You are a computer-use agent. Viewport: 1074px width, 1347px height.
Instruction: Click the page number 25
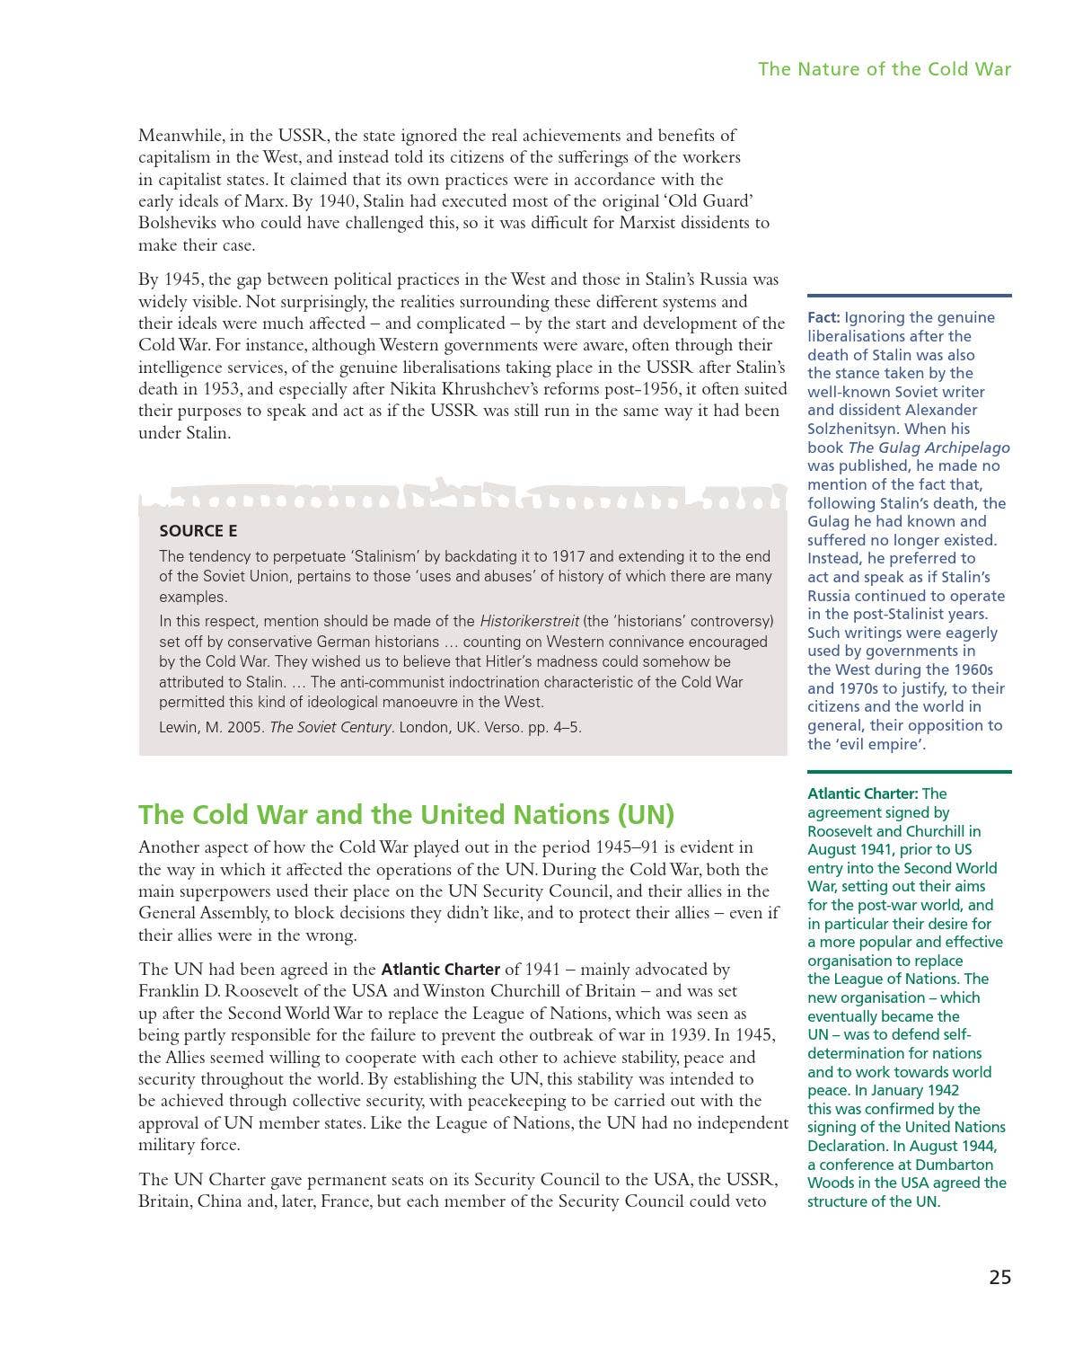[999, 1277]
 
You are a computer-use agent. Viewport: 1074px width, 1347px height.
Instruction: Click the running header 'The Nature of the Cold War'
[884, 69]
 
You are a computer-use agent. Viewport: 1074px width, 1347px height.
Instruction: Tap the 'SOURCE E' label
[198, 531]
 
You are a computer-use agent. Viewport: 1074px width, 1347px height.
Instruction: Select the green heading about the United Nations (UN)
[406, 814]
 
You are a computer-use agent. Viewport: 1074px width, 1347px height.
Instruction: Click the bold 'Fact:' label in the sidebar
[823, 317]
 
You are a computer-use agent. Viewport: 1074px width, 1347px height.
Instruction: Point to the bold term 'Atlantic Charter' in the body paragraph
[440, 970]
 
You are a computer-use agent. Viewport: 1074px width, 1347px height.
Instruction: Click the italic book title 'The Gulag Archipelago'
[929, 448]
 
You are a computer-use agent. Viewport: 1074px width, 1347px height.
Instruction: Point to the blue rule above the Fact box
[909, 295]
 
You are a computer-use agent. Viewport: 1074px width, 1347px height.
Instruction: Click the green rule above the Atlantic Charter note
[909, 771]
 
